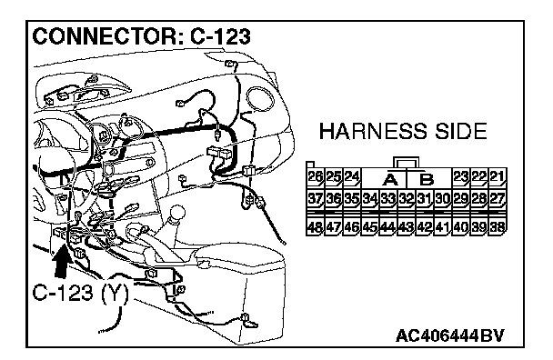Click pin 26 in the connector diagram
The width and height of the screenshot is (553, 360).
pos(315,177)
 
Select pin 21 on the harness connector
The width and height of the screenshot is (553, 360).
pos(498,177)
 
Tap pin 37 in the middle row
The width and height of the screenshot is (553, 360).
pos(315,200)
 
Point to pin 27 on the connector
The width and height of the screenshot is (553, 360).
pos(498,200)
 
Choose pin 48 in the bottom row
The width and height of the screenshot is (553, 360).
pos(315,226)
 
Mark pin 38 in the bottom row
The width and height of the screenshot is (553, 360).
pos(498,226)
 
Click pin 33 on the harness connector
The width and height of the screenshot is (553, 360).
pos(388,200)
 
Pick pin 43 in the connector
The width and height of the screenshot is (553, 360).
pos(406,226)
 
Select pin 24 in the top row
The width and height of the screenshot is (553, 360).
pos(352,177)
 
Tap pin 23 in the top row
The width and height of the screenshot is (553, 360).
pos(460,177)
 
